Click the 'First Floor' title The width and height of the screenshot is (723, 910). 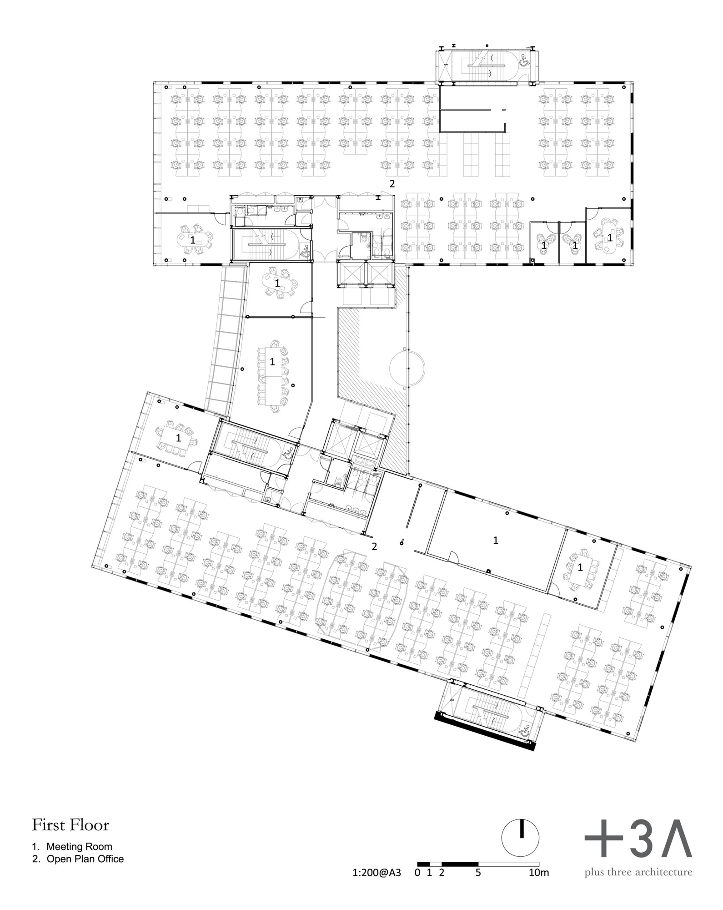70,825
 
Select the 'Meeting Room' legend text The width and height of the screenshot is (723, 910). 79,847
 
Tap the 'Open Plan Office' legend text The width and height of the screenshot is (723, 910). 85,859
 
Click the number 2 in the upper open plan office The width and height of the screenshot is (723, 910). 392,184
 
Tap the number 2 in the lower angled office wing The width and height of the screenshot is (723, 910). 374,546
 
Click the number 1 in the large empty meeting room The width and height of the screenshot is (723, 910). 496,540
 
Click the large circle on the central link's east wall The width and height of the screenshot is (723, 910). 407,367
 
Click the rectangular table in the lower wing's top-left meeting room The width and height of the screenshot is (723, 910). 178,438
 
